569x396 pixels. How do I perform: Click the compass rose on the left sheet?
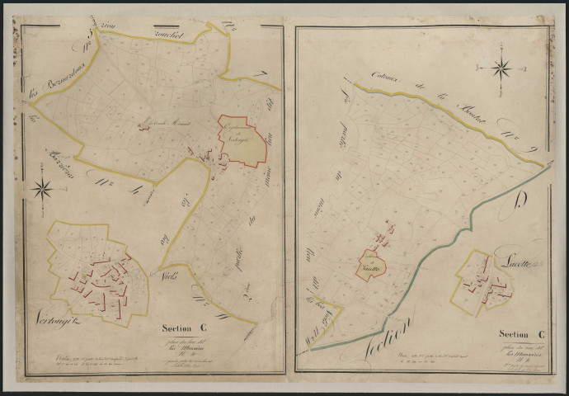pyautogui.click(x=43, y=189)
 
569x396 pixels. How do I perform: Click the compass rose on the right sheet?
pyautogui.click(x=501, y=68)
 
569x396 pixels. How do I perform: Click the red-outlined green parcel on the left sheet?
pyautogui.click(x=245, y=139)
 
